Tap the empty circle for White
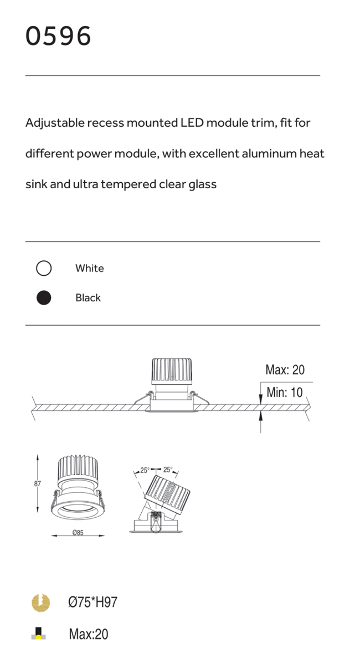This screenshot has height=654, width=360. coord(44,268)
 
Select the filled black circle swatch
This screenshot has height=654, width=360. coord(44,298)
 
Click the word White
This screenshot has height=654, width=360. coord(90,268)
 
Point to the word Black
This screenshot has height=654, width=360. coord(88,298)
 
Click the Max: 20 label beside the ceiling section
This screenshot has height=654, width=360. coord(285,370)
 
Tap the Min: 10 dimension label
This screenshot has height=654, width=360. coord(285,393)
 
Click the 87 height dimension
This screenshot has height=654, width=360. coord(38,484)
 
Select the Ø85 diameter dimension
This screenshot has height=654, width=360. coord(78,533)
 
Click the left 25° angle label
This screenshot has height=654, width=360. coord(145,470)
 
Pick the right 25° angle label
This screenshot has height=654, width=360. coord(168,470)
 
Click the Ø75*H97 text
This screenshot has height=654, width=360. coord(92,602)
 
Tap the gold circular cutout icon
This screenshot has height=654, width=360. coord(41,602)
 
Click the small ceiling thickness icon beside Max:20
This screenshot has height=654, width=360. coord(39,633)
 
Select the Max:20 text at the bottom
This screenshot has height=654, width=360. coord(89,635)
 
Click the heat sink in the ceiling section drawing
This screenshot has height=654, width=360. coord(172,371)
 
